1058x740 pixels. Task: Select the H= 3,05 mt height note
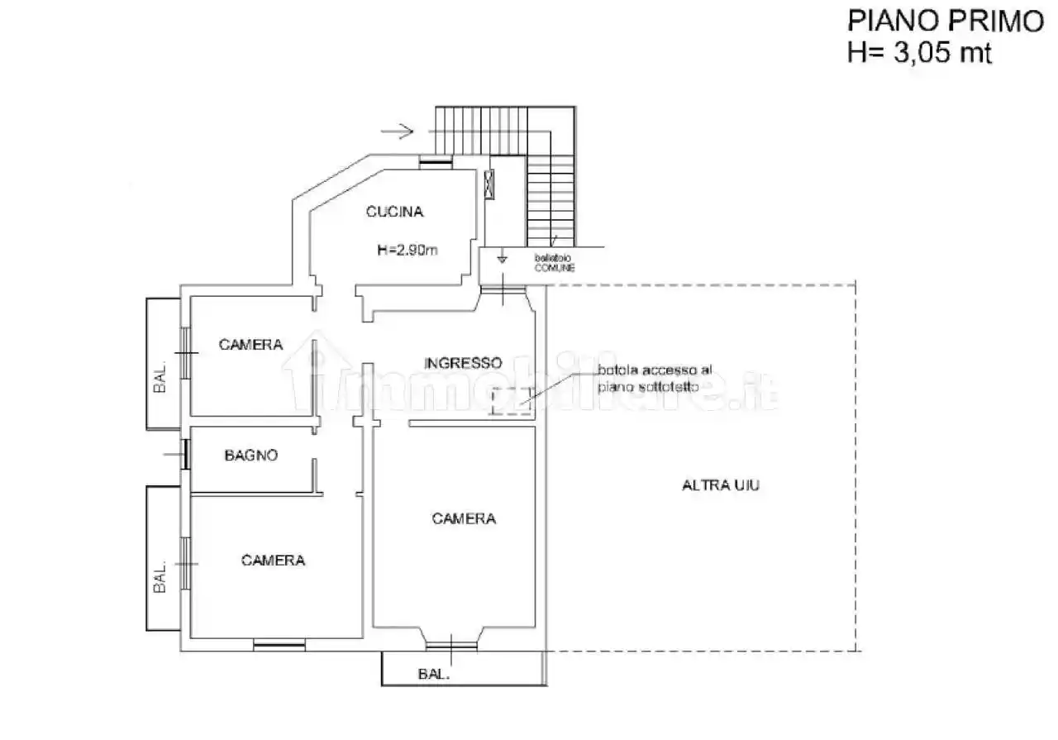coord(918,52)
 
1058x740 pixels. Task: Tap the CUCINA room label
coord(394,212)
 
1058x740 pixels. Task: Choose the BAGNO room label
coord(251,455)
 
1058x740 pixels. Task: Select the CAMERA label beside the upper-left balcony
coord(250,345)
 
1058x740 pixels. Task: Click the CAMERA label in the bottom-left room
coord(273,561)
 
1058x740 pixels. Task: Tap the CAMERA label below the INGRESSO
coord(464,519)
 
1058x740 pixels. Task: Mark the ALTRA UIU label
coord(720,486)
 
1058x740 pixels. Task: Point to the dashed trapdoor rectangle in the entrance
coord(510,401)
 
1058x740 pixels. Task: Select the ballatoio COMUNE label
coord(554,264)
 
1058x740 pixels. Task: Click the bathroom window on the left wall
coord(186,454)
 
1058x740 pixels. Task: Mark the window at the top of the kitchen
coord(435,162)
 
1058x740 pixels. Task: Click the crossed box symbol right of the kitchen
coord(489,183)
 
